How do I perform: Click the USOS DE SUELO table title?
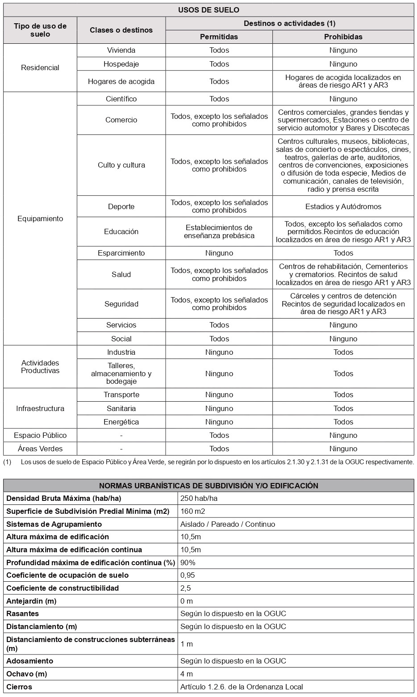pos(208,10)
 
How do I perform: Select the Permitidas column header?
pos(219,37)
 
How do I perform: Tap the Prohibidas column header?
pos(343,37)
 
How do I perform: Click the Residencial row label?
pos(40,67)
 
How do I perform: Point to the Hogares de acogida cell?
pos(121,81)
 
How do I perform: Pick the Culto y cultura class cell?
pos(121,165)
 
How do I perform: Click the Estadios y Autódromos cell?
pos(343,206)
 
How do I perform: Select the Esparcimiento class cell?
pos(121,253)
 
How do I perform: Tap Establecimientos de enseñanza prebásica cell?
pos(219,231)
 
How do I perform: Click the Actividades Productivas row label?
pos(40,366)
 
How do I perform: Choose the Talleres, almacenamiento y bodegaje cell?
pos(121,374)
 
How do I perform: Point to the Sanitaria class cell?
pos(121,408)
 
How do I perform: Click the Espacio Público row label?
pos(40,435)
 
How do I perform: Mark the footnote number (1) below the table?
pos(7,462)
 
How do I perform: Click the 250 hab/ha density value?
pos(199,498)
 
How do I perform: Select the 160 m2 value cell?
pos(193,511)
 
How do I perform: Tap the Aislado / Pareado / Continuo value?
pos(228,524)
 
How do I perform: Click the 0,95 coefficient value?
pos(188,575)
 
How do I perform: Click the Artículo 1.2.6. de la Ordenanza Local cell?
pos(242,687)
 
